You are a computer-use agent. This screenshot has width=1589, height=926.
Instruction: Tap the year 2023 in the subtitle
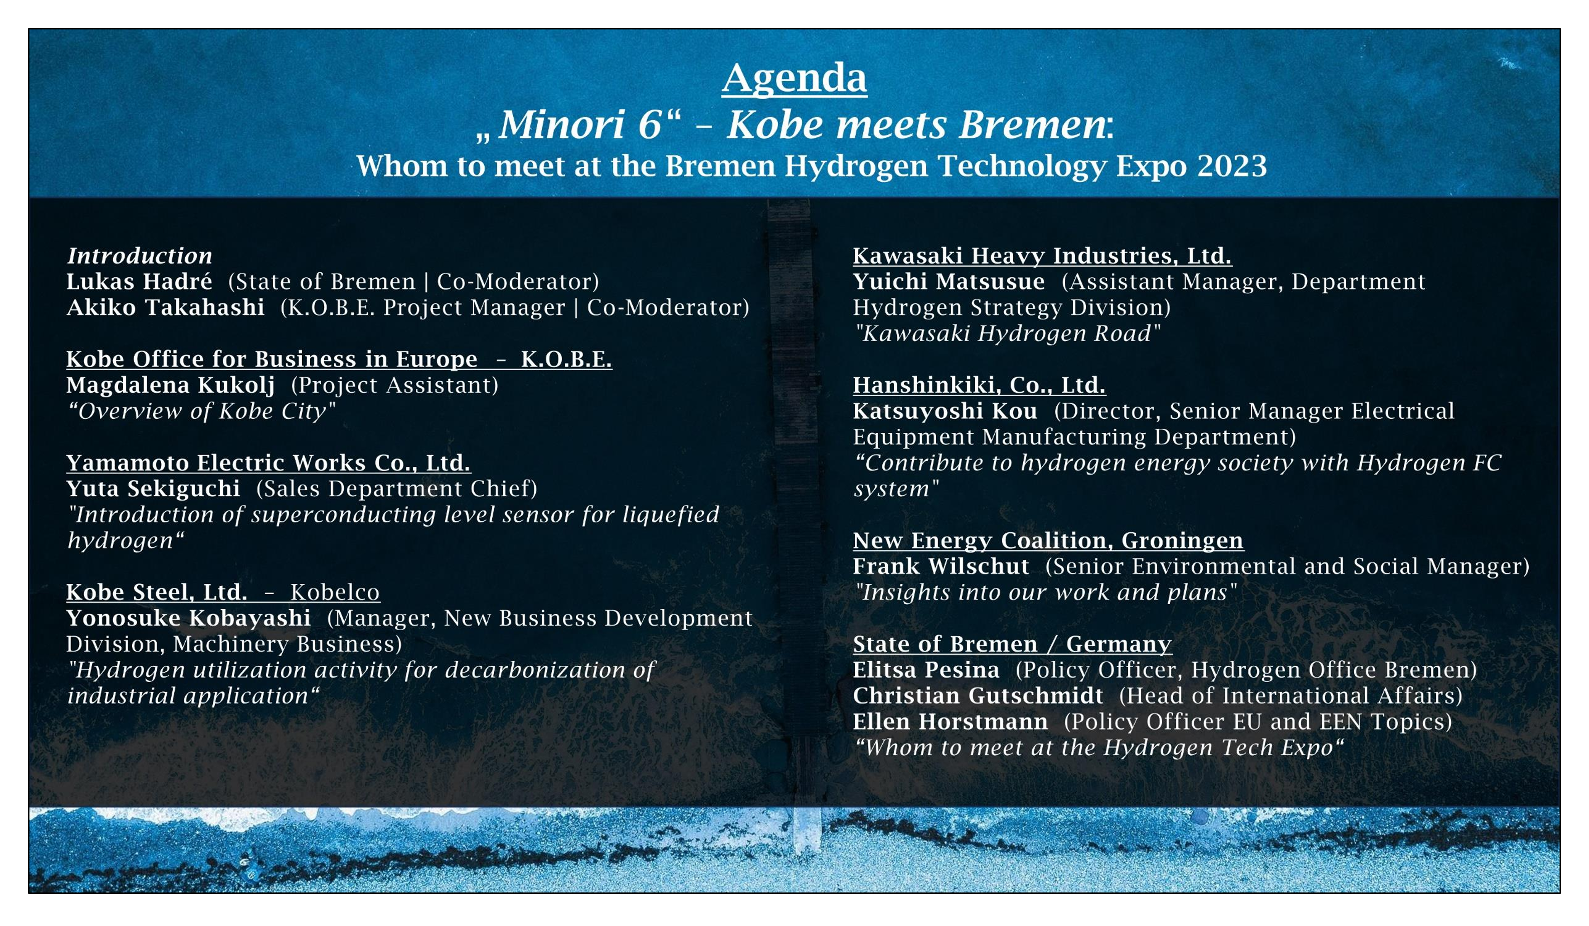point(1232,166)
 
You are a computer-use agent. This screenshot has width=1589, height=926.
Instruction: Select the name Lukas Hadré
point(140,281)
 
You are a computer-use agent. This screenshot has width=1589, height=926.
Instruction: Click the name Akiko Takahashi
point(165,307)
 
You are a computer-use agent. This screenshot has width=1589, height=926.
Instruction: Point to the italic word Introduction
point(140,256)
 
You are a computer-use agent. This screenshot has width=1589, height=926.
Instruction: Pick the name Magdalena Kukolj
point(171,385)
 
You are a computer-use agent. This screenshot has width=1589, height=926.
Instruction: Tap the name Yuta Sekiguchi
point(153,489)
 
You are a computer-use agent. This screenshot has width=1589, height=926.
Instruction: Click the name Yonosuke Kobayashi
point(188,618)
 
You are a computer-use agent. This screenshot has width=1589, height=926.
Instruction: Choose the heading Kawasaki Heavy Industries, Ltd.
point(1042,256)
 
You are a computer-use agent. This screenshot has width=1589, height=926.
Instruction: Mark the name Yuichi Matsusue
point(949,281)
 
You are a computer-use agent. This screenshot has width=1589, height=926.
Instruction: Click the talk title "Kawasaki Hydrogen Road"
point(1007,333)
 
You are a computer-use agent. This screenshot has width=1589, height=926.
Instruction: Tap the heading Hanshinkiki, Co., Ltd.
point(979,385)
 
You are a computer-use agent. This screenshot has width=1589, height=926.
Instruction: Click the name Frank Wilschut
point(941,567)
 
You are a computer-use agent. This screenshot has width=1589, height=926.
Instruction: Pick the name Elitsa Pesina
point(926,670)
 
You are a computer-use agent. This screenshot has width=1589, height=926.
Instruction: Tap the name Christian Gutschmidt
point(978,696)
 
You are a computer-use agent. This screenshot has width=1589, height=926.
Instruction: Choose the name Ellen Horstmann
point(950,722)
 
